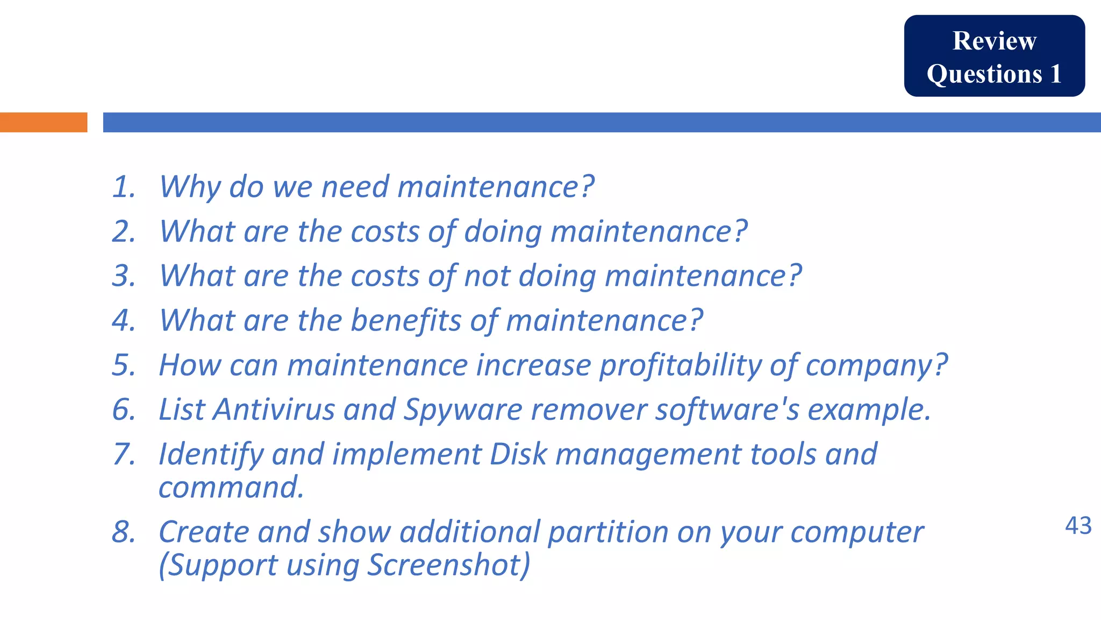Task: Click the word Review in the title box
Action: [x=994, y=41]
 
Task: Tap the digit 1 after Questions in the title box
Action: [x=1055, y=74]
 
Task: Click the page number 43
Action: [x=1078, y=526]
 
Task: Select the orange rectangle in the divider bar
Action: [x=44, y=122]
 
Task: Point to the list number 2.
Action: [x=123, y=231]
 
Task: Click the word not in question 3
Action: [x=487, y=276]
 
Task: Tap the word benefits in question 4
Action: [x=406, y=321]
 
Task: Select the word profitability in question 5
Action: [x=680, y=365]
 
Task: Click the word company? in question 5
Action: [x=876, y=365]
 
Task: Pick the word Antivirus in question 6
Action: [x=274, y=410]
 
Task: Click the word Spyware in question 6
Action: [x=463, y=411]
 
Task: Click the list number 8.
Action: [x=123, y=532]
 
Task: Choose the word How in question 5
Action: [x=190, y=365]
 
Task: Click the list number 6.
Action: [x=123, y=410]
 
